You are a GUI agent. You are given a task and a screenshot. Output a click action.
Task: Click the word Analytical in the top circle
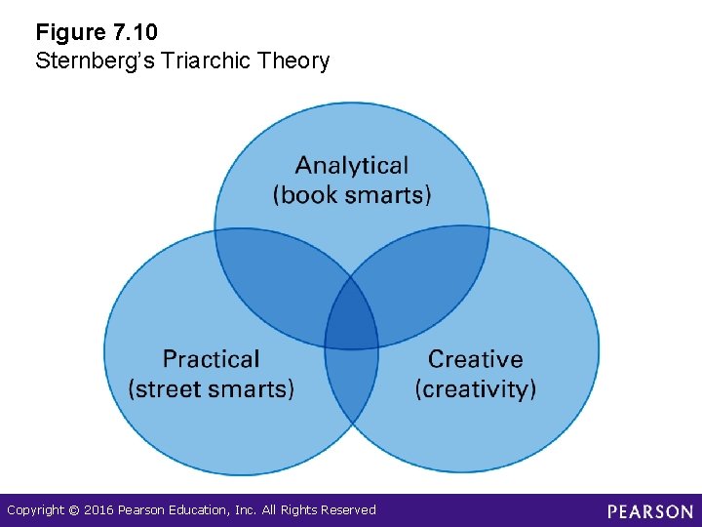[x=351, y=166]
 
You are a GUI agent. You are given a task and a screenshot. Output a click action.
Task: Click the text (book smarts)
[x=351, y=194]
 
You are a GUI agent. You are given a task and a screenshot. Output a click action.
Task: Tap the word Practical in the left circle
[x=211, y=360]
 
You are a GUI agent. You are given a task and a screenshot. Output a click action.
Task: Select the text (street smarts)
[x=211, y=388]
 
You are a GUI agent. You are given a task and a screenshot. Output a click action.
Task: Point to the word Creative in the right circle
[x=475, y=360]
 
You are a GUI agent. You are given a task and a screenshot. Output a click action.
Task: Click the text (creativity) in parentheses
[x=475, y=388]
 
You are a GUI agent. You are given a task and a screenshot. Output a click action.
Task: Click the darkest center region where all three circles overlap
[x=351, y=317]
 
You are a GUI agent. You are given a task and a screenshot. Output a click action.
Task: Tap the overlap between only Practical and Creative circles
[x=351, y=385]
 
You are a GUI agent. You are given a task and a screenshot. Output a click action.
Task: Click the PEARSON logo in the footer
[x=649, y=510]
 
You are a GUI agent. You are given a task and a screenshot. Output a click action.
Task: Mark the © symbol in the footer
[x=74, y=510]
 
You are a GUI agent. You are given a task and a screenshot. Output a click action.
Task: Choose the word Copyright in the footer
[x=35, y=510]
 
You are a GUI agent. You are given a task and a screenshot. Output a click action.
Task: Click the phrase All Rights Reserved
[x=327, y=510]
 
